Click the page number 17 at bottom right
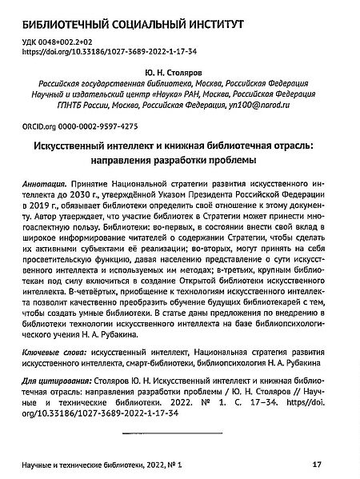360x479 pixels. [316, 464]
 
